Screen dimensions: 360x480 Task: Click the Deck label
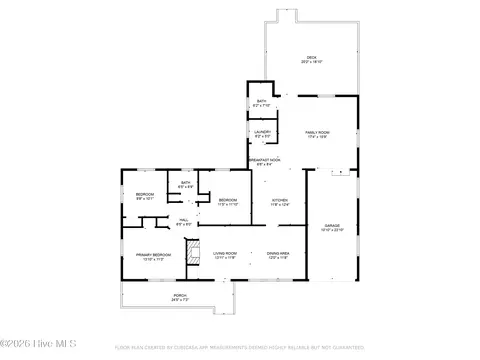coord(312,57)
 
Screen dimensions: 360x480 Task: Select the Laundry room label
coord(261,131)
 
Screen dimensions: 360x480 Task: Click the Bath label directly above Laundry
coord(261,101)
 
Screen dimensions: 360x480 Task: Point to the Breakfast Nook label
coord(264,161)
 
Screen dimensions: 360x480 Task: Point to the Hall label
coord(184,220)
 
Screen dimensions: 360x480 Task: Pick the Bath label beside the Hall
coord(185,182)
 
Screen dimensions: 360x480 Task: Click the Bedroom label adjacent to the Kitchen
coord(228,200)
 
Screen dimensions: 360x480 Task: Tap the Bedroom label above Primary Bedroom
coord(145,193)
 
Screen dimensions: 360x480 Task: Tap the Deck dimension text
coord(312,62)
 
